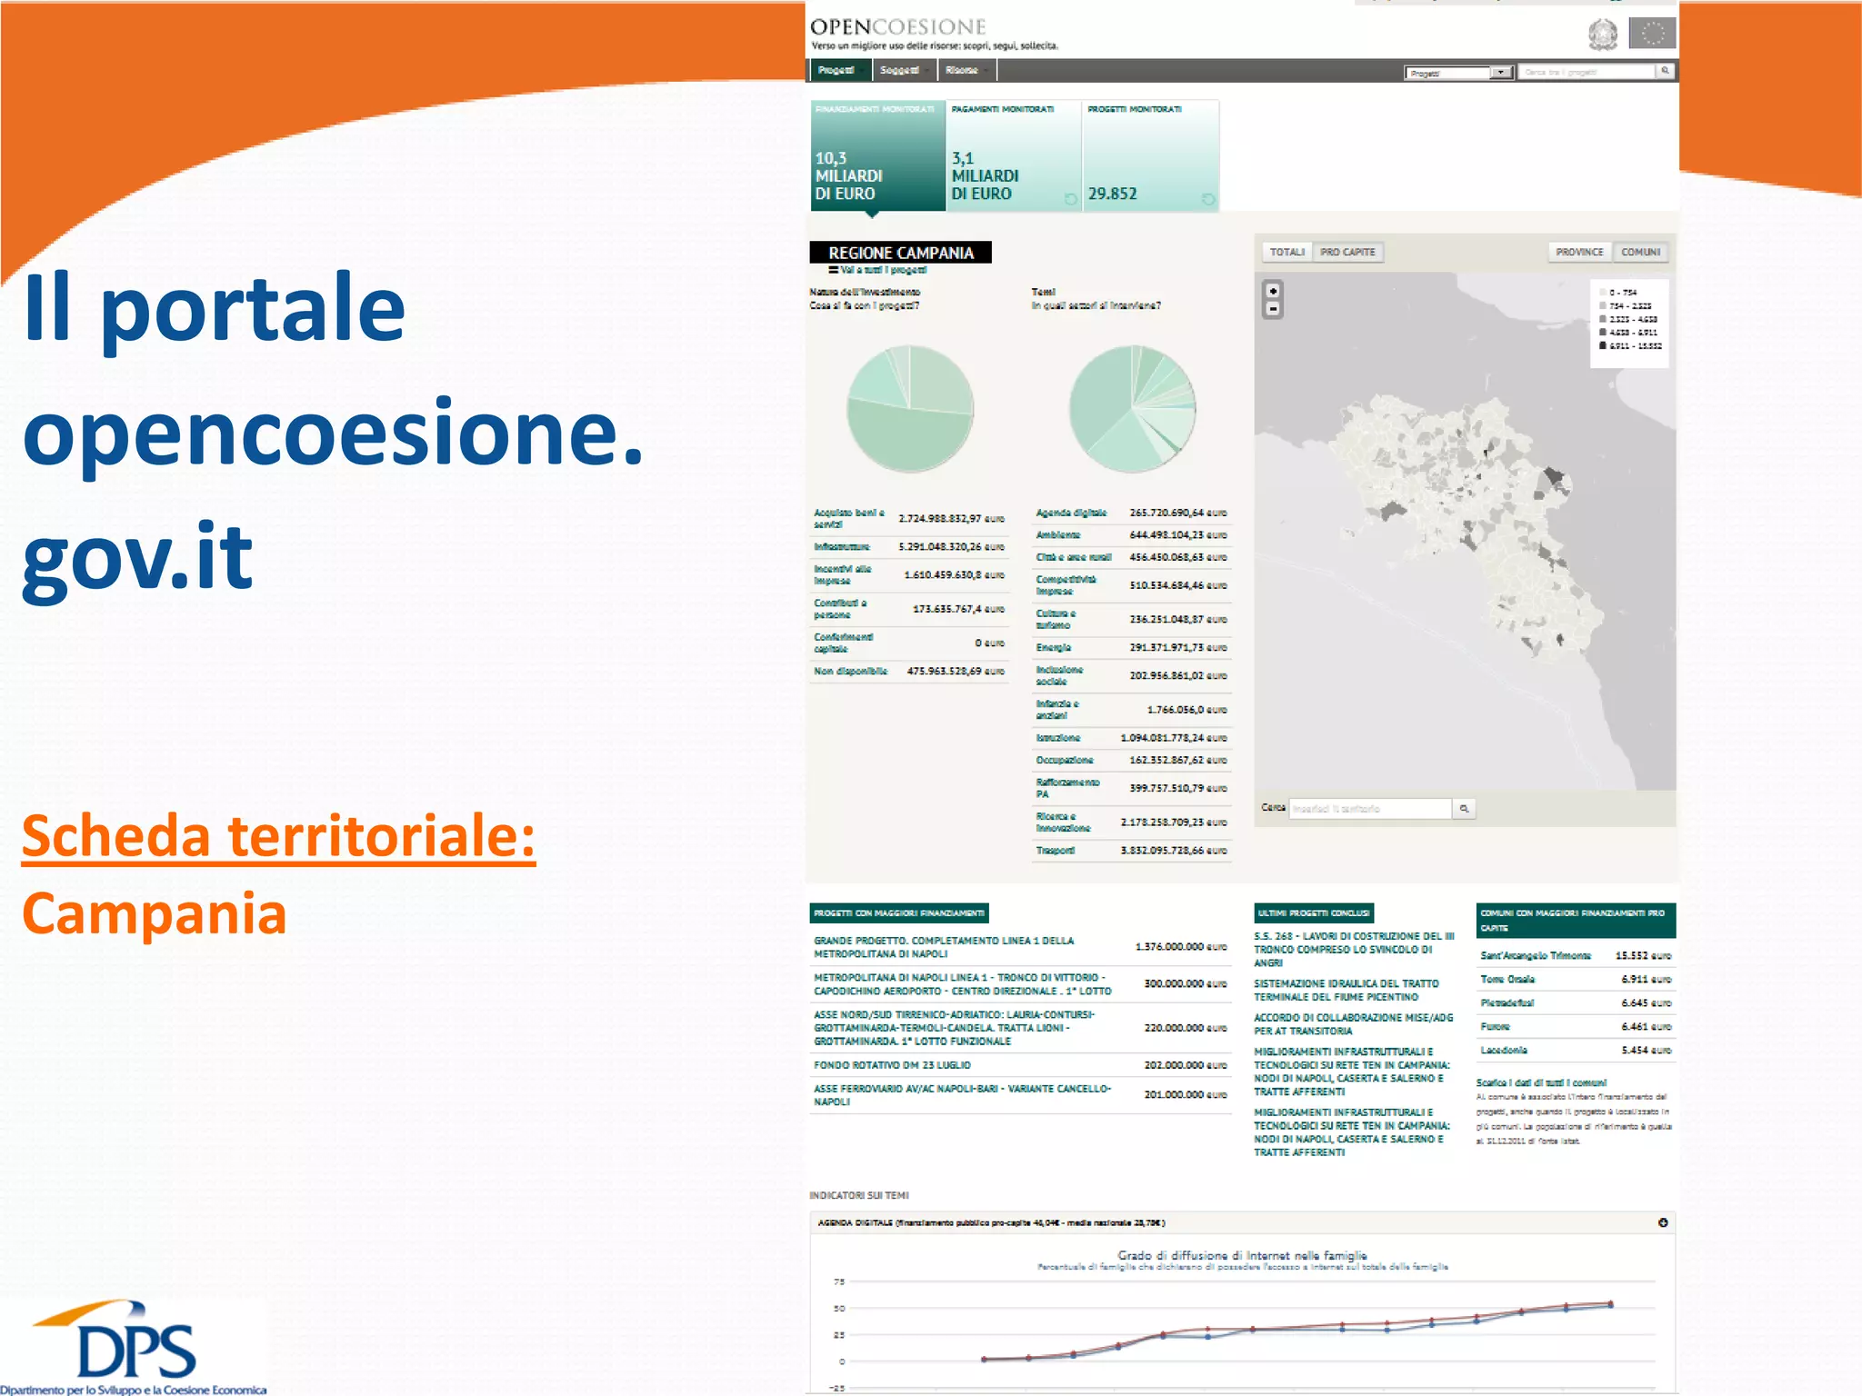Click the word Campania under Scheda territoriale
pos(155,913)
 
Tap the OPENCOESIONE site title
pos(897,27)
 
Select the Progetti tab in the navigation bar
pos(836,70)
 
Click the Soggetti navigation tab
pos(899,70)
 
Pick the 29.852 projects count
pos(1112,194)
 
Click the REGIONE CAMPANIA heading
pos(900,253)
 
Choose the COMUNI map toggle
pos(1640,252)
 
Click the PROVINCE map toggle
pos(1579,252)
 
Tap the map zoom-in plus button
pos(1273,291)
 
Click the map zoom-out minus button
pos(1273,309)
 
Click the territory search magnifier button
pos(1464,808)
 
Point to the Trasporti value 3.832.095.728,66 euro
pos(1173,851)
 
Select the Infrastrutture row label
pos(841,547)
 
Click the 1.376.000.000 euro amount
pos(1180,947)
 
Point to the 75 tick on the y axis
pos(839,1282)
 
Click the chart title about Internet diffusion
pos(1242,1255)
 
